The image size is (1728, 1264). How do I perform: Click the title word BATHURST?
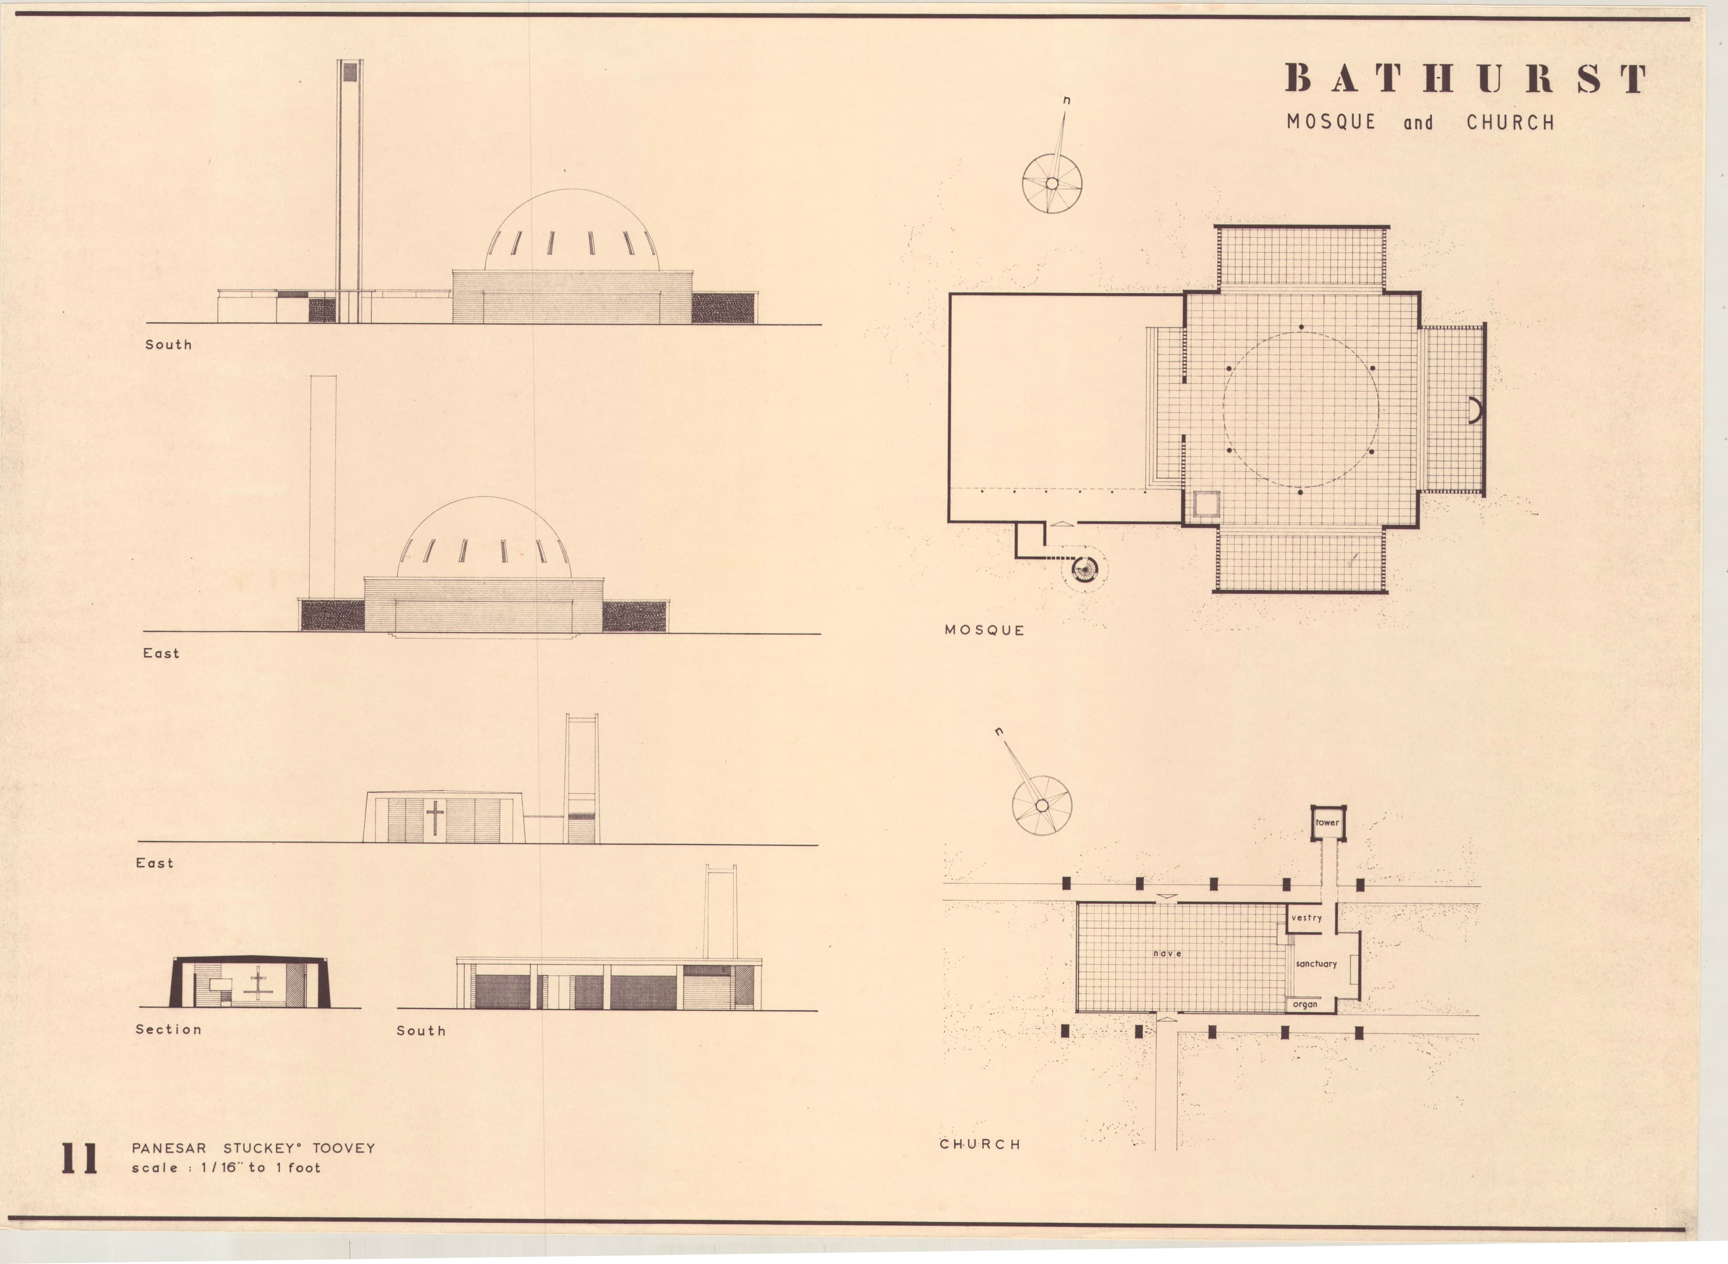pyautogui.click(x=1466, y=78)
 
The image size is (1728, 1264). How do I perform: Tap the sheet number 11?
pyautogui.click(x=79, y=1159)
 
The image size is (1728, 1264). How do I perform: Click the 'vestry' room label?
pyautogui.click(x=1306, y=917)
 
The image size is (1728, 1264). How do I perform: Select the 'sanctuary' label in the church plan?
pyautogui.click(x=1316, y=964)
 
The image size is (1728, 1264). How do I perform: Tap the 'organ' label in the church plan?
pyautogui.click(x=1305, y=1004)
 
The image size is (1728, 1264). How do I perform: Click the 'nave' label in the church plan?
pyautogui.click(x=1167, y=953)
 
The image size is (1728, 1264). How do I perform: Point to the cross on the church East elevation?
pyautogui.click(x=435, y=818)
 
